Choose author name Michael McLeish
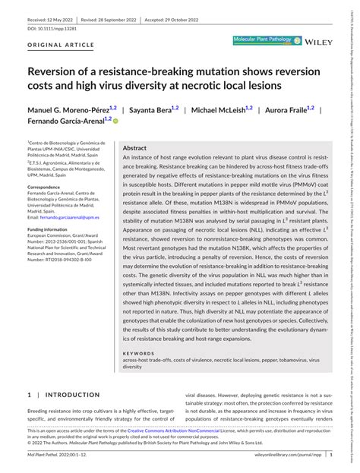tap(226, 110)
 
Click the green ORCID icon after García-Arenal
tap(115, 121)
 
